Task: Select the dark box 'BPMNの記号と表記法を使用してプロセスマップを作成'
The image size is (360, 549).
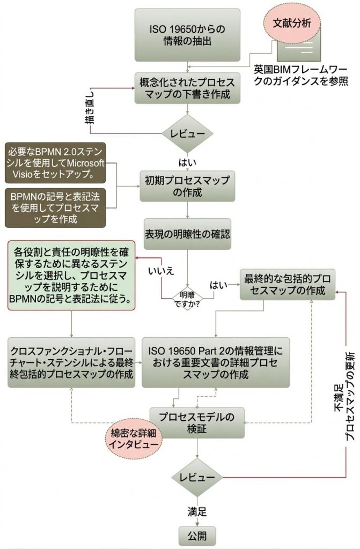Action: [56, 205]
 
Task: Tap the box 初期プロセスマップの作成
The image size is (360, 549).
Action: [187, 185]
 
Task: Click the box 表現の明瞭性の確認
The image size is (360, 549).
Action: [187, 234]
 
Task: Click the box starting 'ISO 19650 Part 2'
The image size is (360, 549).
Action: [215, 362]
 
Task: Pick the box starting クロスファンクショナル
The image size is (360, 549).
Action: [71, 362]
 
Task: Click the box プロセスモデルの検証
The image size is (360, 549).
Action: [199, 421]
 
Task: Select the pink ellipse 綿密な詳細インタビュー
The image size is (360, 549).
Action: [134, 439]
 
